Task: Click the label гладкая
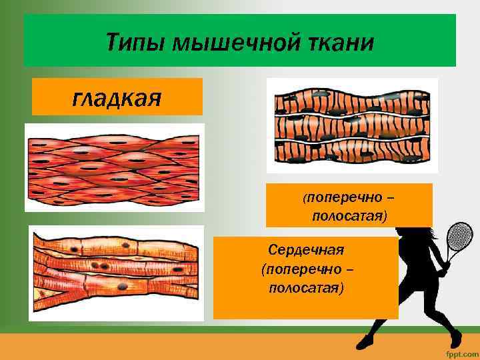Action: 117,98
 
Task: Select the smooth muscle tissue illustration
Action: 114,167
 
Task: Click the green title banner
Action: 240,41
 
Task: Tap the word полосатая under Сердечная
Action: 305,289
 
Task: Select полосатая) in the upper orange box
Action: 349,216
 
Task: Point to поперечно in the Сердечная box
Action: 309,269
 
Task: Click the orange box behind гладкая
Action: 117,97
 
